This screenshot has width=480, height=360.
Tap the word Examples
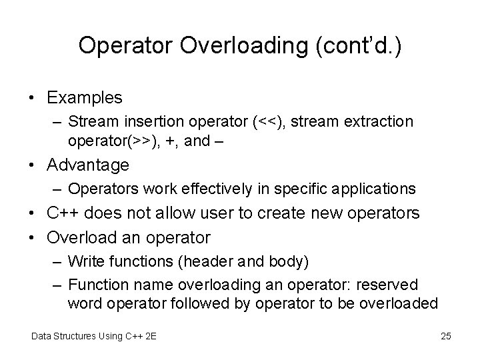85,97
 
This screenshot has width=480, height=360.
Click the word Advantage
89,164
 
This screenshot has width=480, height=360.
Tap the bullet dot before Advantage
33,165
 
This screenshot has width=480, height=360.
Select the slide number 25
446,336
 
